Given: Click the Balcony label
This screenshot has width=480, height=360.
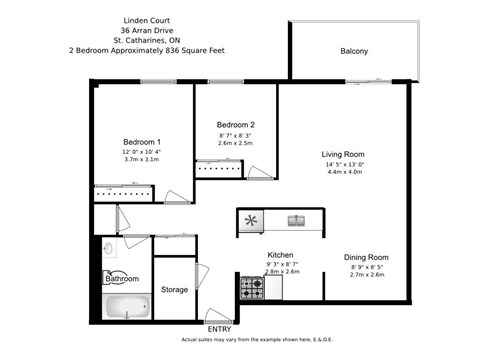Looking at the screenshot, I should point(353,51).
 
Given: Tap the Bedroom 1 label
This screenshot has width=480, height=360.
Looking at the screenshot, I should point(142,142).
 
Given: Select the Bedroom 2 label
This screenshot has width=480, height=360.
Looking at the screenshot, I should point(236,124).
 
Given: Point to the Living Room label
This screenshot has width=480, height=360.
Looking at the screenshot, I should point(345,154).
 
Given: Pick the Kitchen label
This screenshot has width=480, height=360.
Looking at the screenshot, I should point(279,254).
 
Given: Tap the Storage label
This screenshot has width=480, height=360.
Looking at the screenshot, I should point(175,289).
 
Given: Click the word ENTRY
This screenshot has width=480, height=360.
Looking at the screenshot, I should point(218,328).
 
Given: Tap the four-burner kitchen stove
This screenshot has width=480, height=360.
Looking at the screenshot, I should point(250,287).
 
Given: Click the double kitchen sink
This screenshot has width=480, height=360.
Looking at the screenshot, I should point(296,220).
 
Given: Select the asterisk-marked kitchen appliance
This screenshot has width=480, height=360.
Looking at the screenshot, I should point(252,220).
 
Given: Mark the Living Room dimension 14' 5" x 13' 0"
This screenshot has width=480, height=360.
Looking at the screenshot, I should point(345,165).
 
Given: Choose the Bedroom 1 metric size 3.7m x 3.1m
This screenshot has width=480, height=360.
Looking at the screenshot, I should point(142,159).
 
